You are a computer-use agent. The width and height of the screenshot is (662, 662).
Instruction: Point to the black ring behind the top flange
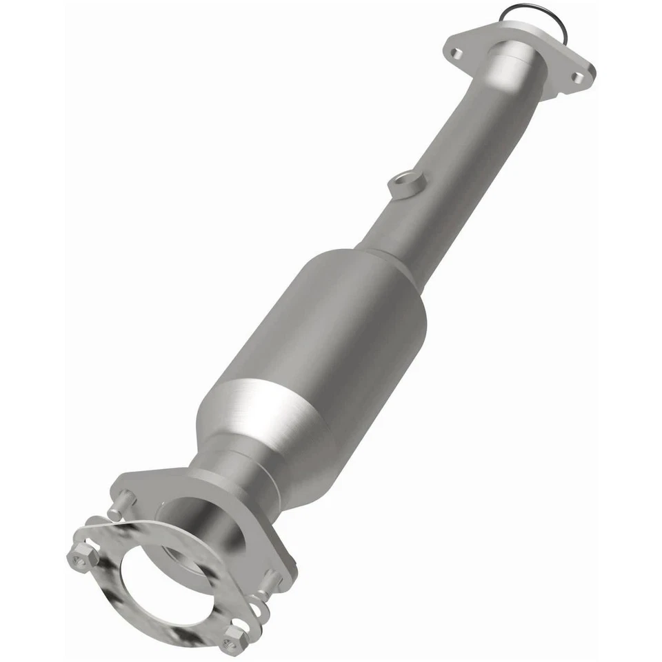524,14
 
